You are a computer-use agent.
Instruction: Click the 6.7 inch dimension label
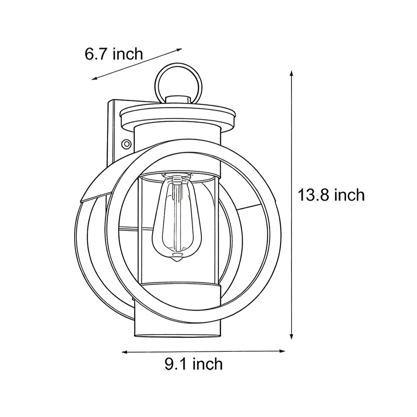coord(114,54)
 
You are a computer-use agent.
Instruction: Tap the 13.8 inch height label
coord(331,195)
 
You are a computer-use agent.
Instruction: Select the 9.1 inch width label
coord(193,364)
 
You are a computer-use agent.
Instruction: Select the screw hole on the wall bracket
coord(126,144)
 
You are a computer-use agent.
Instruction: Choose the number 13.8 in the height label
coord(313,195)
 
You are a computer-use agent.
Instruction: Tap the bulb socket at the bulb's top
coord(177,180)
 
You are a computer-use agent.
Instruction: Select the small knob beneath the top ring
coord(178,99)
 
